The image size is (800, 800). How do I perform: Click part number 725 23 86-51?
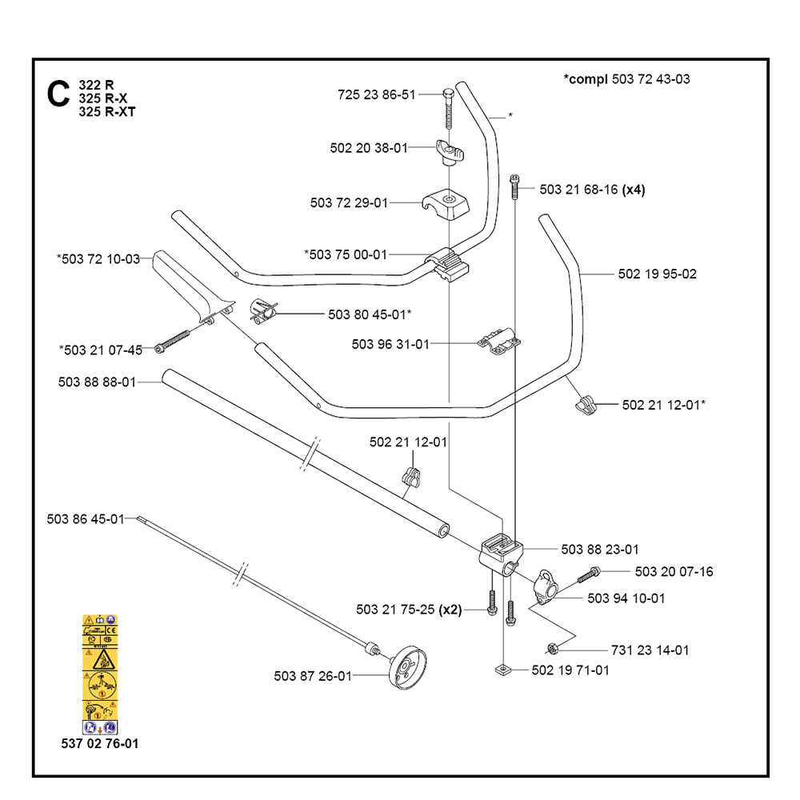[x=377, y=95]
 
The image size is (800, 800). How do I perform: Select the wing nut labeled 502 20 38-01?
[x=450, y=150]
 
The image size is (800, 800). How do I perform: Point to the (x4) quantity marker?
[x=634, y=190]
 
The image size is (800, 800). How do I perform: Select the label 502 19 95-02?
[x=657, y=274]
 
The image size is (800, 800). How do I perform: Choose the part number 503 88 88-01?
[x=97, y=382]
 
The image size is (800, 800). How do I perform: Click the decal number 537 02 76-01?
[x=99, y=744]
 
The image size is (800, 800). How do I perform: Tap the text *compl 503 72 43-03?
[x=626, y=79]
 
